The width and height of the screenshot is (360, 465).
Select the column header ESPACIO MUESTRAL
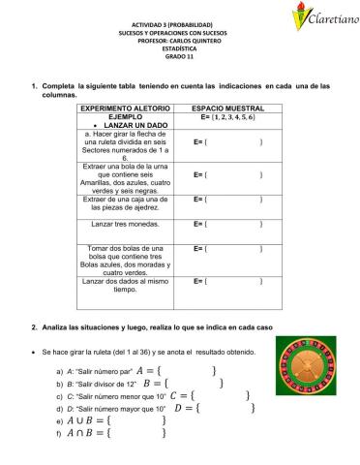coord(226,107)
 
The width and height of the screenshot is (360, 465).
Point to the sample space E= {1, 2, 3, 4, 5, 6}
coord(226,115)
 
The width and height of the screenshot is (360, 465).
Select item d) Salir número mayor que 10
coord(112,409)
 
